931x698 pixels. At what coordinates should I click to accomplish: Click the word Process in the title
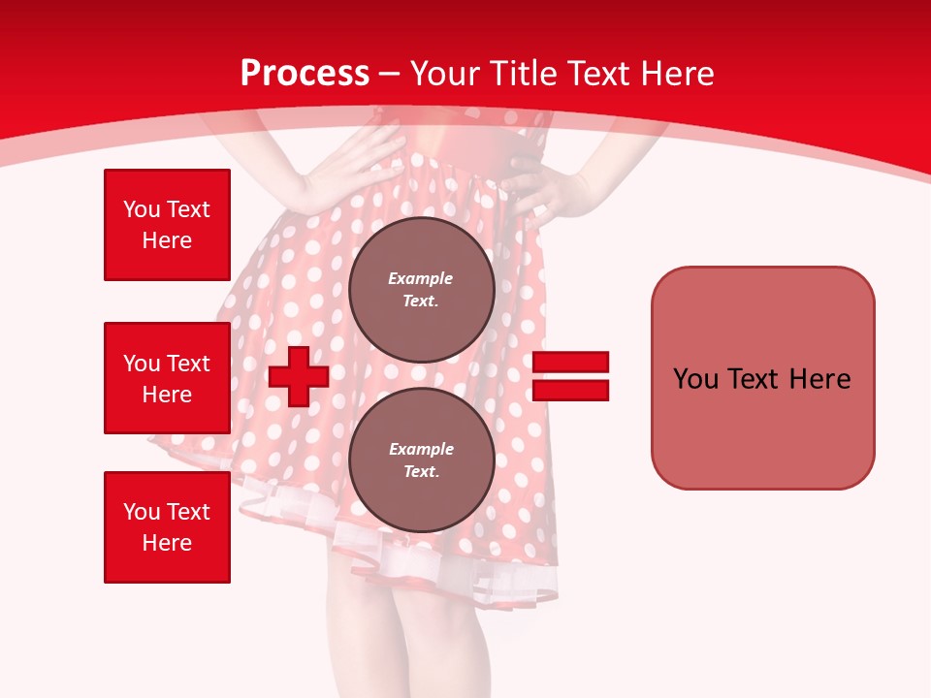pyautogui.click(x=305, y=74)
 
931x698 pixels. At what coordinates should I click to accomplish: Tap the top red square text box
pyautogui.click(x=167, y=225)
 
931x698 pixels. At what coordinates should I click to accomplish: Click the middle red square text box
pyautogui.click(x=167, y=378)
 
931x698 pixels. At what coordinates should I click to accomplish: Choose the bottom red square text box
pyautogui.click(x=167, y=527)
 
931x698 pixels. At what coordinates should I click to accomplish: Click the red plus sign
pyautogui.click(x=299, y=377)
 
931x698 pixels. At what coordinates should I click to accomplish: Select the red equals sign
pyautogui.click(x=570, y=376)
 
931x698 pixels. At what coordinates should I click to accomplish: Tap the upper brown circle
pyautogui.click(x=421, y=290)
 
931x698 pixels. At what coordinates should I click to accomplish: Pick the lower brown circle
pyautogui.click(x=421, y=460)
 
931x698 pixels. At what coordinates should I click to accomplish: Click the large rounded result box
pyautogui.click(x=762, y=378)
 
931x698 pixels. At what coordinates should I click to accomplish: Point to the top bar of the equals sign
pyautogui.click(x=570, y=362)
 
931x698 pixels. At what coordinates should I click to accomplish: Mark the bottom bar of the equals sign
pyautogui.click(x=570, y=390)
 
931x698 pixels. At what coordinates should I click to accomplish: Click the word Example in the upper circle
pyautogui.click(x=421, y=278)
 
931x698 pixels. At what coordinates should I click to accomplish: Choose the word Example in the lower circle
pyautogui.click(x=421, y=449)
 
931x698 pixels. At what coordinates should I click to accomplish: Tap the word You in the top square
pyautogui.click(x=142, y=209)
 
